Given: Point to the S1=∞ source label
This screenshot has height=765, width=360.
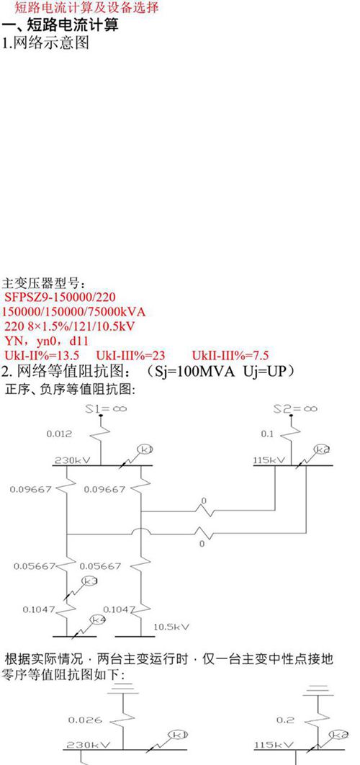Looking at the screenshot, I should (x=105, y=408).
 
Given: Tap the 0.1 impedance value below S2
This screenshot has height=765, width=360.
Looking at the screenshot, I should (x=266, y=434).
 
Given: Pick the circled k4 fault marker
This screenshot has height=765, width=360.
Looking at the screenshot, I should (x=98, y=619).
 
